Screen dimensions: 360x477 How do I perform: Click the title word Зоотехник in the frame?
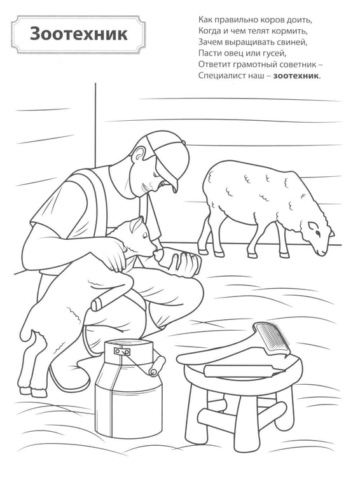[78, 34]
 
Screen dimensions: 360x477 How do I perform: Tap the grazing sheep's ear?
[312, 225]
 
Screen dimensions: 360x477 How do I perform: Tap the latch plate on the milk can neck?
[121, 351]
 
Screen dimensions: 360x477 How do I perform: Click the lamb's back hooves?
[33, 392]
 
